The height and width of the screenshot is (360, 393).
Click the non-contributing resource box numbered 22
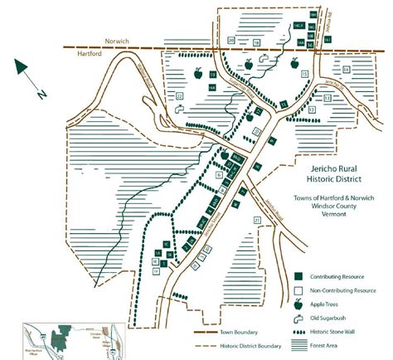click(x=179, y=96)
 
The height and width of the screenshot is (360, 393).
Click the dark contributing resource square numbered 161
click(x=327, y=39)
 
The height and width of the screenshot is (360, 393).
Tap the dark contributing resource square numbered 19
click(x=212, y=75)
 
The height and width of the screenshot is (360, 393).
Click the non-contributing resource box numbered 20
click(x=231, y=40)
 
